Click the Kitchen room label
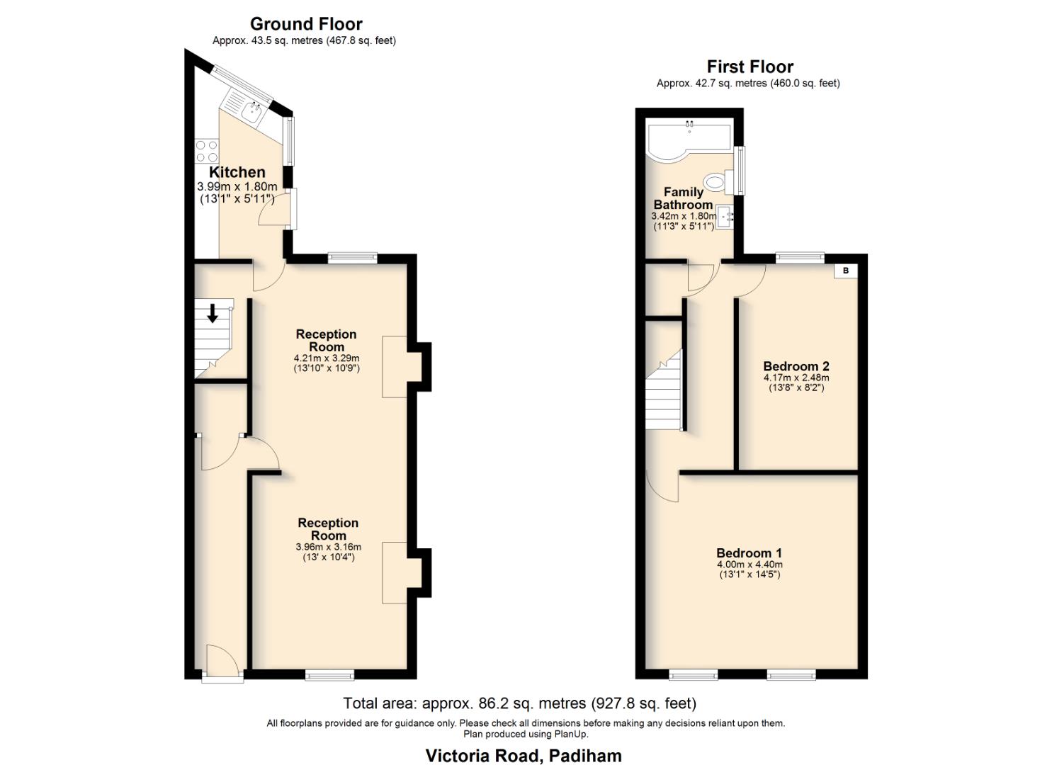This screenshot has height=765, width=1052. coord(237,172)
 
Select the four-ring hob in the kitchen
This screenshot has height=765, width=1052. coord(206,151)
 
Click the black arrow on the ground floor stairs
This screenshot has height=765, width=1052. coord(212,312)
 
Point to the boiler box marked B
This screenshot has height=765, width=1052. coord(845,271)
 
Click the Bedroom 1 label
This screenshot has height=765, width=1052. coord(749,553)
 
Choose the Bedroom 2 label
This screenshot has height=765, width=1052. coord(796,366)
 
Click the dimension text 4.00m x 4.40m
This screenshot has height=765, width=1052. coord(750,565)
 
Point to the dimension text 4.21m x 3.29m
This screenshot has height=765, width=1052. coord(327,358)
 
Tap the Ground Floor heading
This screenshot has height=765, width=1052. coord(306,24)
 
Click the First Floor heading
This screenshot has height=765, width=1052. coord(750,67)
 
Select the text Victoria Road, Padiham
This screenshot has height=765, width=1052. coord(524,756)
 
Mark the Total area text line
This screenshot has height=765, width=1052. coord(519,703)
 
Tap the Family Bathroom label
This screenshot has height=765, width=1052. coord(683,198)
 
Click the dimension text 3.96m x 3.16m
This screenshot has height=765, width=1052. coord(328,547)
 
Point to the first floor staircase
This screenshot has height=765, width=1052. coord(664,393)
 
